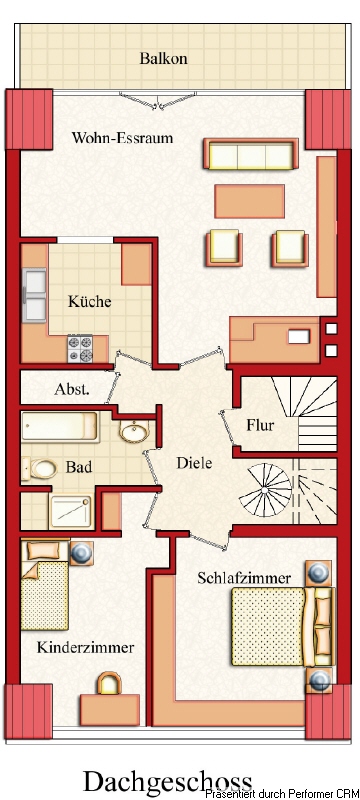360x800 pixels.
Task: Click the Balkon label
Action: coord(164,58)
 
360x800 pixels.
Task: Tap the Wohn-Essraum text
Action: coord(122,138)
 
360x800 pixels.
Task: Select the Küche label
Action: coord(89,301)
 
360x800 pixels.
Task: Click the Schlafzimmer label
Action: coord(244,578)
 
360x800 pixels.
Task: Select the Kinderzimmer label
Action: coord(85,648)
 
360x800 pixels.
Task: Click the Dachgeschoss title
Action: coord(167,780)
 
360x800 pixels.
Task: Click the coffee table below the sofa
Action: coord(249,199)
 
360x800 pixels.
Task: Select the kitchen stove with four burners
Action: coord(80,349)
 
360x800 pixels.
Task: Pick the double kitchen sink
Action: coord(35,287)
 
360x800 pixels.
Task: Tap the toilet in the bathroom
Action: coord(43,468)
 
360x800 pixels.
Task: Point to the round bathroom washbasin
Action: coord(134,433)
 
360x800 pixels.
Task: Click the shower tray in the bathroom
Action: coord(70,511)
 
